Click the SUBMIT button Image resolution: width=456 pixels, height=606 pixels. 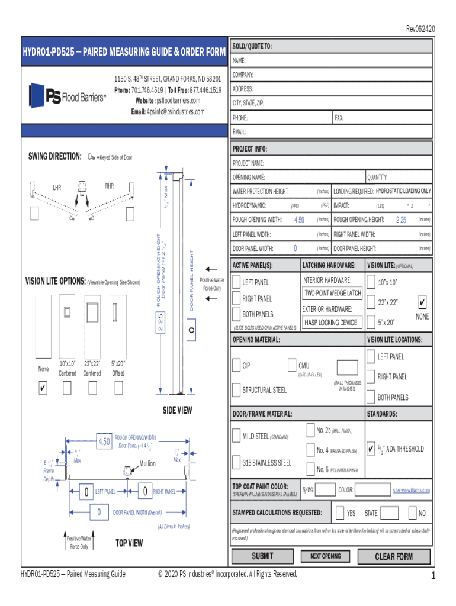tap(263, 556)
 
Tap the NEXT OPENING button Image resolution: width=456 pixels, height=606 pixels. tap(325, 556)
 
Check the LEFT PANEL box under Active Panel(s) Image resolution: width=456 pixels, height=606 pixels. tap(237, 282)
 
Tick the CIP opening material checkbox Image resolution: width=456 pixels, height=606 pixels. tap(237, 365)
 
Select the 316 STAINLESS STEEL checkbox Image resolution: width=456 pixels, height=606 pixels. tap(237, 462)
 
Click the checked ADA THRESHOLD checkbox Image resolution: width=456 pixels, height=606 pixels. tap(371, 448)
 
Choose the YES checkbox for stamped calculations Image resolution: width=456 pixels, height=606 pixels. tap(340, 512)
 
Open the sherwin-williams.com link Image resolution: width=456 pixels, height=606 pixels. tap(410, 490)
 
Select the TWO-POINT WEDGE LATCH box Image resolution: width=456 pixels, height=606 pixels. tap(332, 293)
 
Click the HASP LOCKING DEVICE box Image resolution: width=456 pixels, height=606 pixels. tap(330, 323)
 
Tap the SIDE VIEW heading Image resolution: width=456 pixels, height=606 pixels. tap(178, 410)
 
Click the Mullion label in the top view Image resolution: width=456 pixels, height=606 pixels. tap(147, 463)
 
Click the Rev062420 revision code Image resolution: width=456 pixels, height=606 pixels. tap(420, 28)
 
